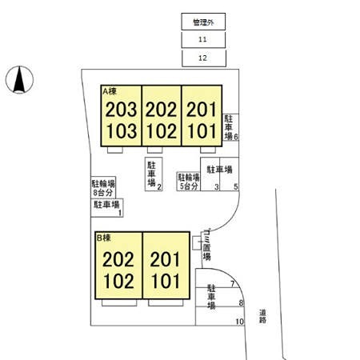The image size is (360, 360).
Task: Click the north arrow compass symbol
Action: click(x=19, y=80)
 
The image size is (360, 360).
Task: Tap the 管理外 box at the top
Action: click(x=203, y=22)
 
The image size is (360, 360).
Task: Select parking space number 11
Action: click(x=203, y=40)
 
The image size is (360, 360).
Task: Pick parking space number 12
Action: click(x=204, y=58)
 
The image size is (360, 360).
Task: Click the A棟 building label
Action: click(x=110, y=91)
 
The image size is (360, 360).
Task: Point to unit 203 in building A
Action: click(x=121, y=110)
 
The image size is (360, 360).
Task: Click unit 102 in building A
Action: click(x=162, y=131)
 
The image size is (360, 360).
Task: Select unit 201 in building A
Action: click(x=202, y=110)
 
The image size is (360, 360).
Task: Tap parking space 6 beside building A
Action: click(x=230, y=127)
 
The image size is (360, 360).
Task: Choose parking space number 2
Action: click(x=154, y=174)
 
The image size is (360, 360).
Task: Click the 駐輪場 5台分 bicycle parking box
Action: click(x=189, y=182)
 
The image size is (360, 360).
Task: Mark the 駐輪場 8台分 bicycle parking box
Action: click(x=103, y=187)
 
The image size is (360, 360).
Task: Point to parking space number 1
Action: click(x=107, y=208)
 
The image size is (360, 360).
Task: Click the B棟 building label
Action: click(x=104, y=238)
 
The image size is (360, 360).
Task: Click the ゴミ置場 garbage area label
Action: click(x=207, y=245)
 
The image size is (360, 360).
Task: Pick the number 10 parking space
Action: click(x=219, y=316)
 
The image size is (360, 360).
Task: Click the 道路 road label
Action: click(x=262, y=316)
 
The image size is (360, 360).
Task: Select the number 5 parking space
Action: click(x=230, y=174)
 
